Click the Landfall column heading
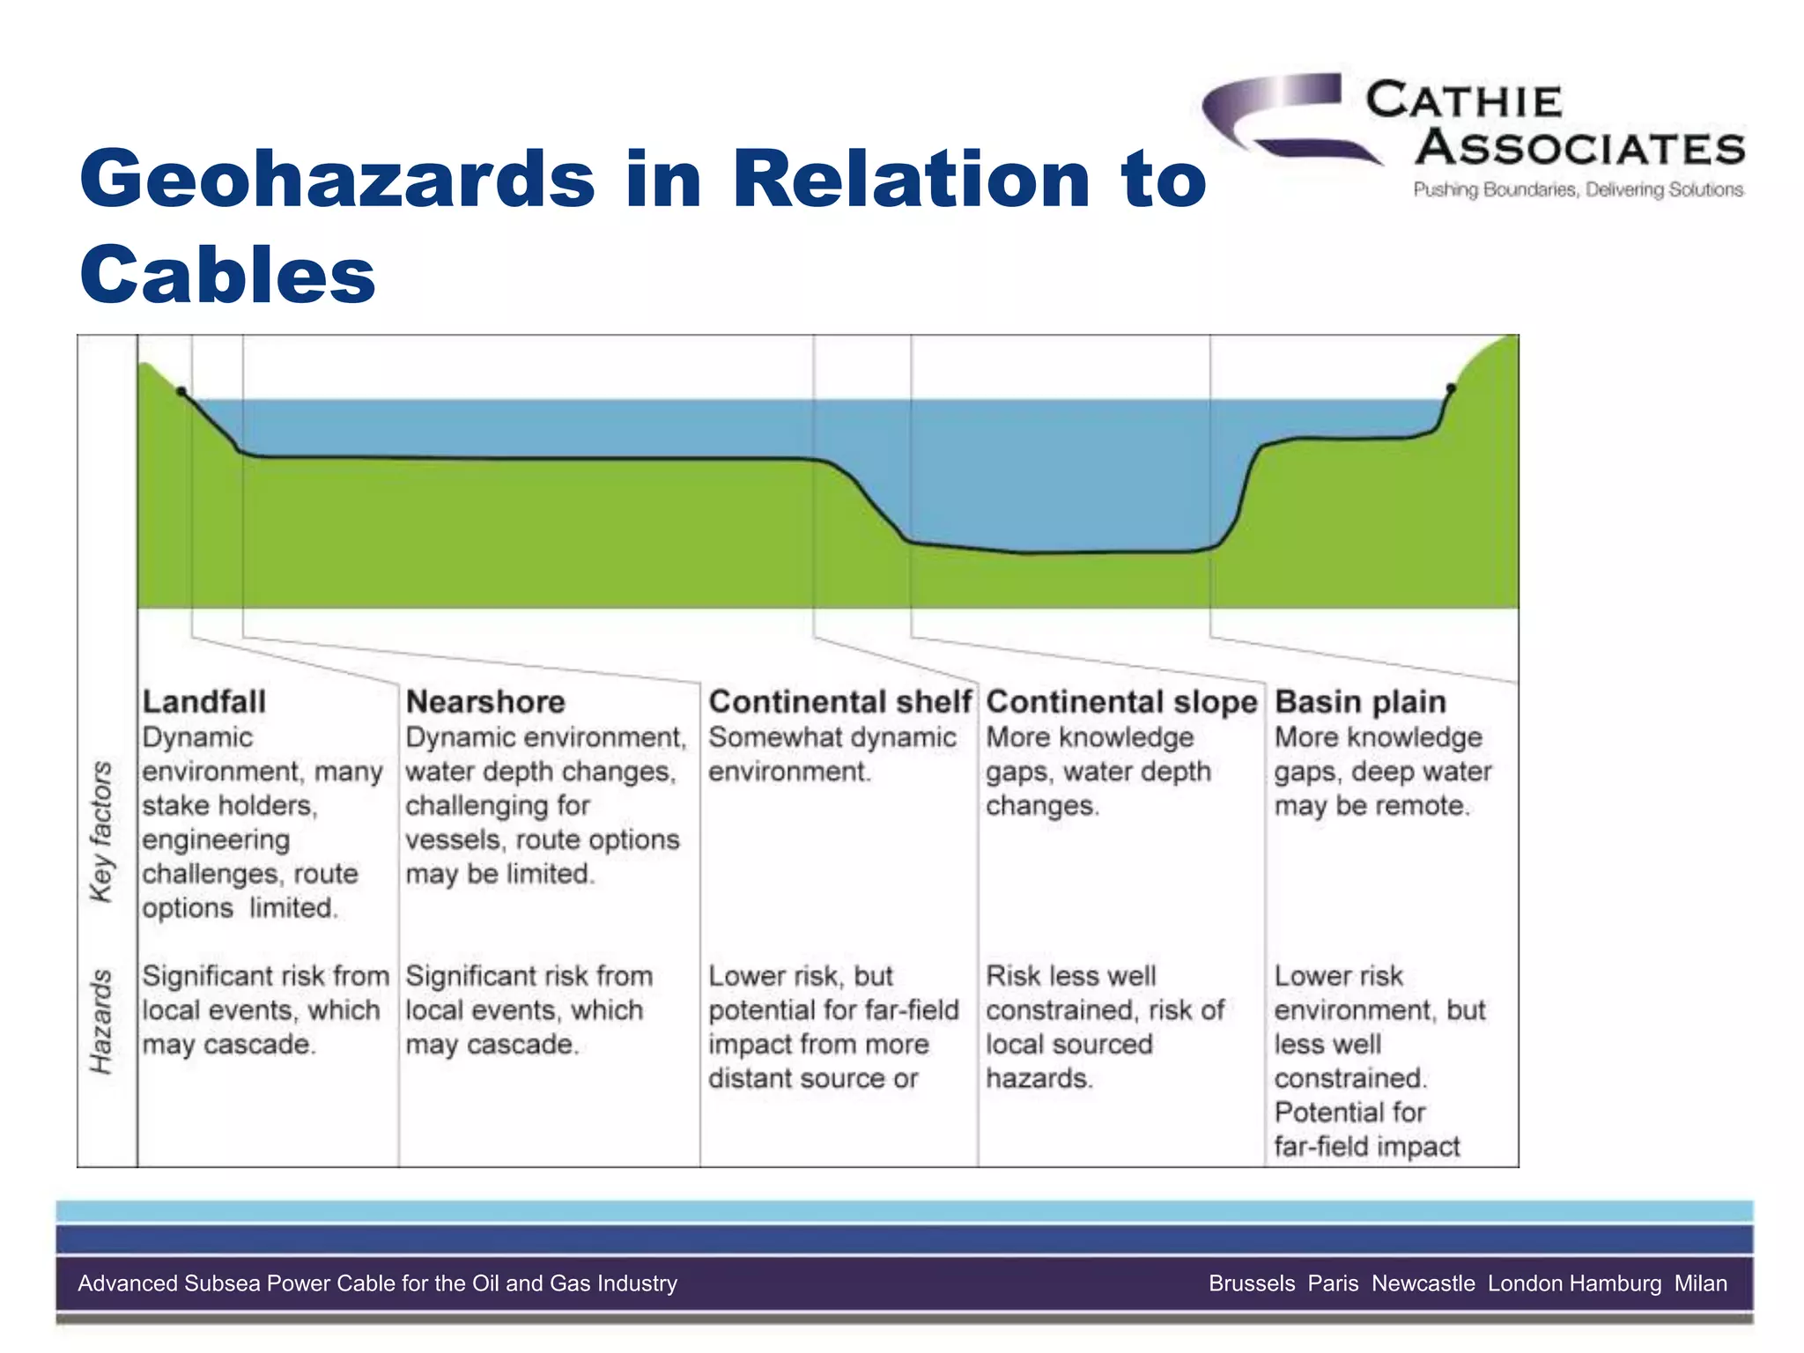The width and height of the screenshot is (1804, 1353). (x=203, y=702)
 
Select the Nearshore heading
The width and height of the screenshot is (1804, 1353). (x=484, y=702)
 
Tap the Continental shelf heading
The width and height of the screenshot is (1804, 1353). (x=839, y=702)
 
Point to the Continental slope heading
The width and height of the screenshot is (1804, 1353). (x=1120, y=702)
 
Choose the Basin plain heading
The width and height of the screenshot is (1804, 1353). (x=1360, y=702)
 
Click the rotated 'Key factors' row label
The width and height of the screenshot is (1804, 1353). (x=102, y=832)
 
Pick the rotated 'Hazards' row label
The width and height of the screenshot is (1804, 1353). (x=102, y=1022)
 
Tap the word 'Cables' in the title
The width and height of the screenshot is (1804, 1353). (x=227, y=274)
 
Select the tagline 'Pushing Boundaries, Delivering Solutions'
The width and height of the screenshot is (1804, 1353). (x=1578, y=190)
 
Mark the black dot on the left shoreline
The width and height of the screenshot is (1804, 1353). (x=181, y=391)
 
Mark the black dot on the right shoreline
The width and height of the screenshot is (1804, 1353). (x=1451, y=388)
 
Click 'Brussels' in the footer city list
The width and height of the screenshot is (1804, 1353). (x=1252, y=1283)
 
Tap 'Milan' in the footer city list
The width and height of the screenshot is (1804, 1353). (x=1700, y=1283)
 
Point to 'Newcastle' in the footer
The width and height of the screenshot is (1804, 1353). (x=1423, y=1283)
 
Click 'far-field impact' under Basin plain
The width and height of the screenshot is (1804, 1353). (x=1366, y=1147)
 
